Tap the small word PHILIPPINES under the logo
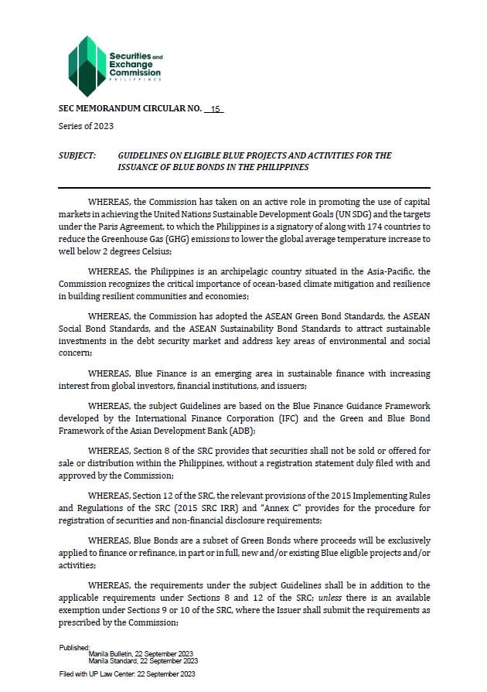point(135,80)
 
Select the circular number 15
point(215,109)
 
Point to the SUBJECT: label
point(77,155)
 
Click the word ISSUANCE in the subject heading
point(141,167)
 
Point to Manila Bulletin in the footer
point(113,653)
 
